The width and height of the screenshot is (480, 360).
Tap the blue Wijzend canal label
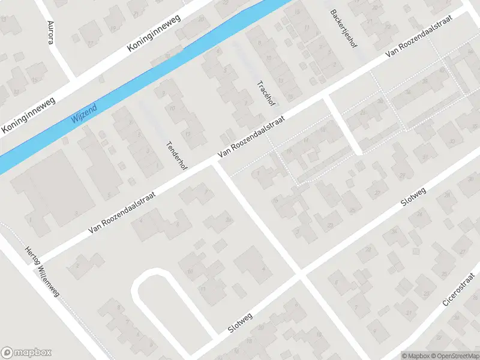point(83,110)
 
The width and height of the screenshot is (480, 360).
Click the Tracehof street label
point(263,93)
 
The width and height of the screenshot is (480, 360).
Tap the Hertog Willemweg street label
point(46,274)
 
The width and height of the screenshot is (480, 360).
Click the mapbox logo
point(26,352)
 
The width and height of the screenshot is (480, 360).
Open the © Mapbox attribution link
point(415,355)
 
